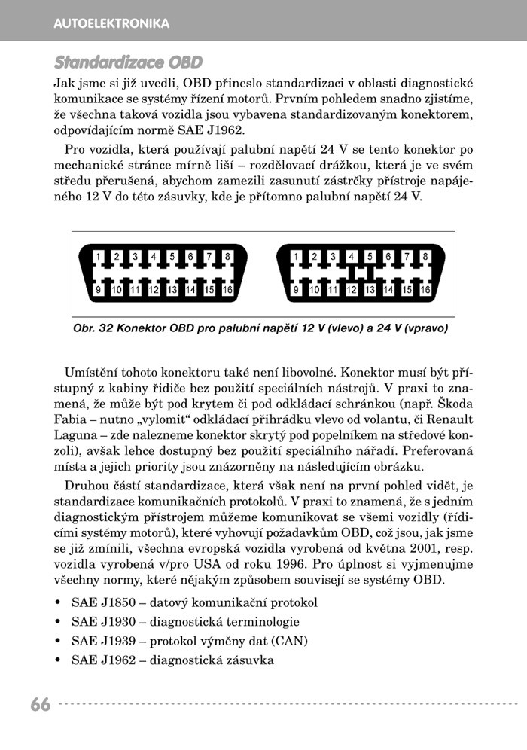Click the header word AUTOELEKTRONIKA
coord(111,24)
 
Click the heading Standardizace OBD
coord(128,62)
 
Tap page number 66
coord(41,705)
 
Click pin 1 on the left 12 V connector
coord(98,257)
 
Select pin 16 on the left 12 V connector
coord(227,289)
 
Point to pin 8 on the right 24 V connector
coord(425,257)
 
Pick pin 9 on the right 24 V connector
coord(296,289)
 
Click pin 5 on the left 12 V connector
coord(172,257)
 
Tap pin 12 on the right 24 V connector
coord(351,289)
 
